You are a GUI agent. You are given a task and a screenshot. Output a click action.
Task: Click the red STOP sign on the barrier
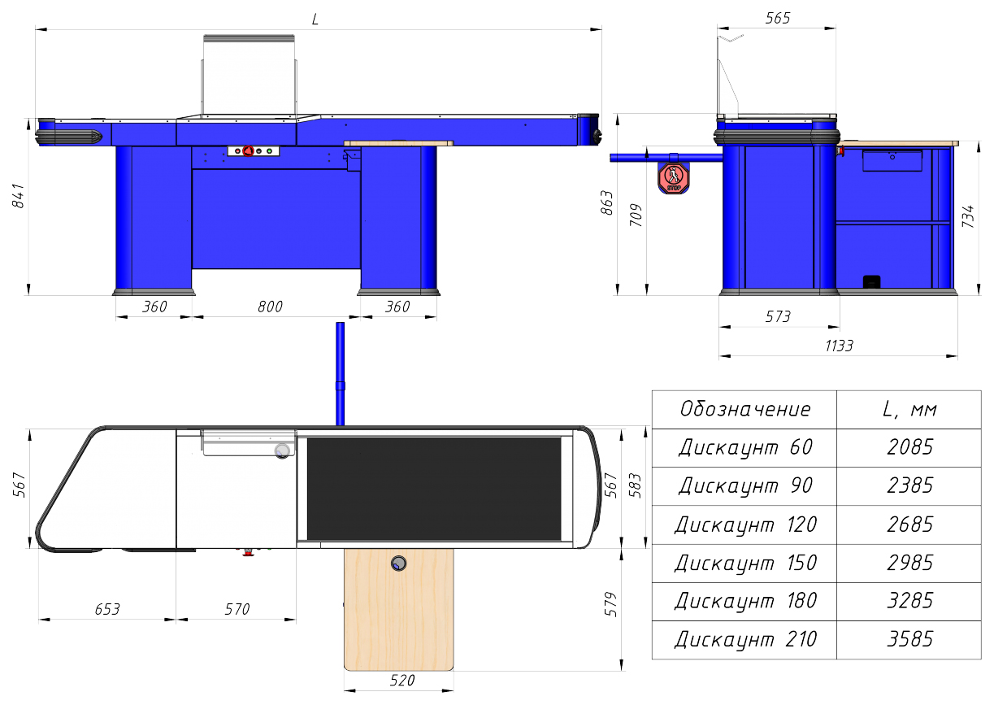point(674,178)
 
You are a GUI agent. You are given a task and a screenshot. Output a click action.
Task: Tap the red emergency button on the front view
point(248,151)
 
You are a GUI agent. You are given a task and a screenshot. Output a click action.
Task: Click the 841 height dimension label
point(18,195)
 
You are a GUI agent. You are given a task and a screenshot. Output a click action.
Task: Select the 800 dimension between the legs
point(271,307)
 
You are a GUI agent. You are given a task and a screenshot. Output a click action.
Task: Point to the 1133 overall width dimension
point(839,346)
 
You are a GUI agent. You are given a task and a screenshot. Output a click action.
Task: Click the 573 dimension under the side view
point(778,316)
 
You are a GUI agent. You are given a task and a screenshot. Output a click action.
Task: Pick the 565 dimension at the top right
point(778,18)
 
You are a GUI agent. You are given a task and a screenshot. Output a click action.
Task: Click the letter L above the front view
point(315,19)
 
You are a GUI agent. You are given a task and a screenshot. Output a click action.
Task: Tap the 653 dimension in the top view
point(107,609)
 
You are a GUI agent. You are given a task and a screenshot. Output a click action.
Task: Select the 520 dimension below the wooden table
point(402,680)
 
